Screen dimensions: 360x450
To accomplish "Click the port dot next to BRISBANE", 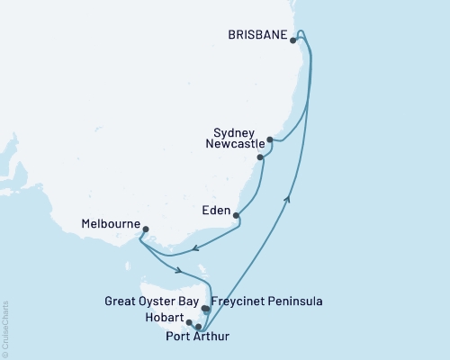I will (x=294, y=40).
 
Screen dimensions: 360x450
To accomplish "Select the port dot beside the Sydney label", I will (x=270, y=139).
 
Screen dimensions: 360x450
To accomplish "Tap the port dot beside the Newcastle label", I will (x=261, y=157).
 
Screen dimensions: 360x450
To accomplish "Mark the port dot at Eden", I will (x=236, y=215).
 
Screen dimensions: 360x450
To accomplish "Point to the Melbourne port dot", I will (x=146, y=229).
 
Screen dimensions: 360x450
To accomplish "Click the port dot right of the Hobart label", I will (x=189, y=321).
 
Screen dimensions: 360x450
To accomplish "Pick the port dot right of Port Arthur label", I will (x=198, y=328).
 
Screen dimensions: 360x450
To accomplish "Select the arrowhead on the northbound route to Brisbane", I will (x=289, y=199).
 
